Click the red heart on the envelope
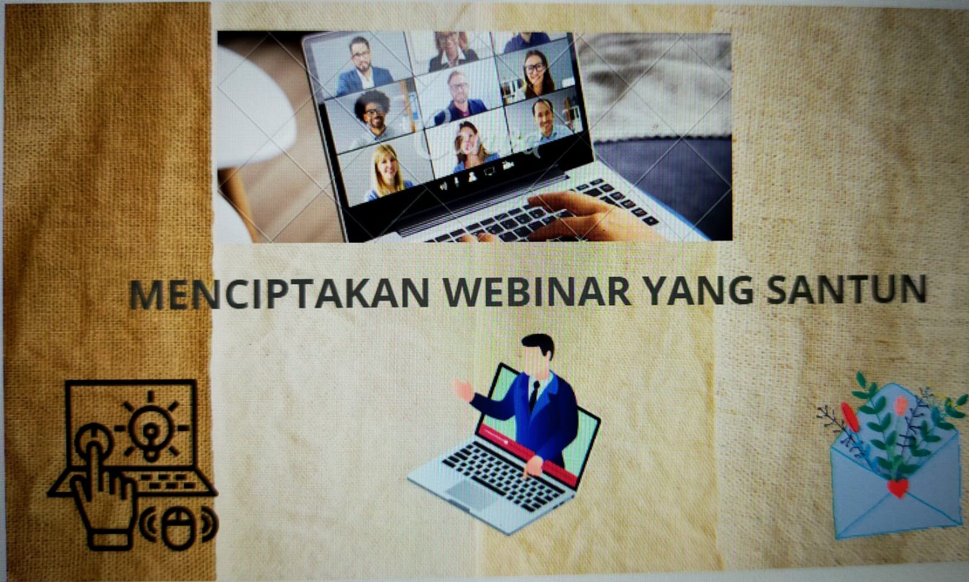point(898,488)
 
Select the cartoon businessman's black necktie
point(535,395)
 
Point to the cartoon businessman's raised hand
point(463,389)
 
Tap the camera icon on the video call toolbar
point(508,165)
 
